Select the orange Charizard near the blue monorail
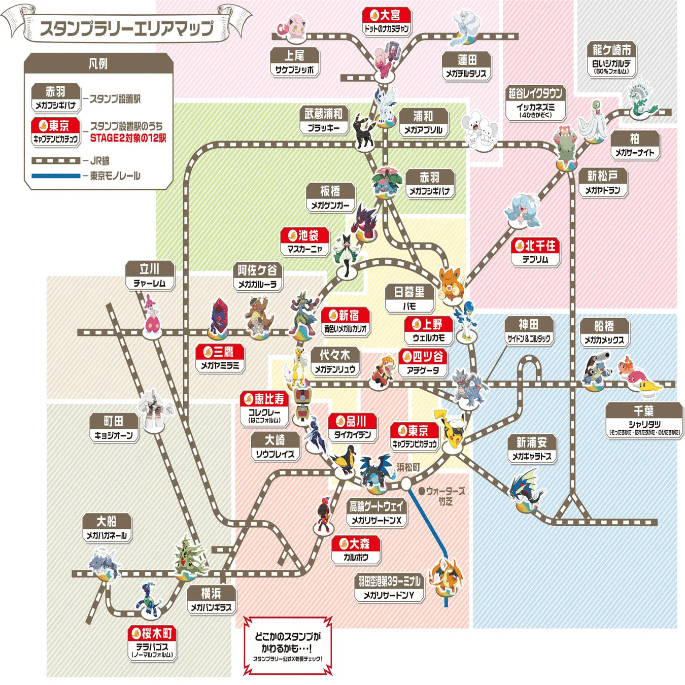pos(445,576)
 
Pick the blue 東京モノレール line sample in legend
pos(56,176)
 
